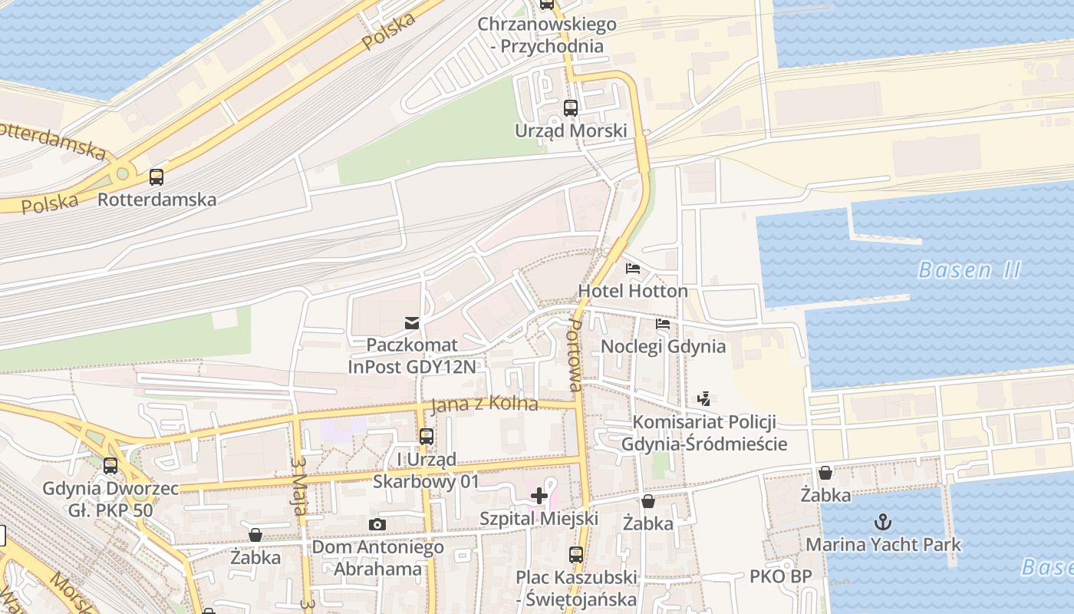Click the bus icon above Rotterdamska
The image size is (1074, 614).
pos(156,177)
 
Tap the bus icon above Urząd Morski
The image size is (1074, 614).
pos(571,108)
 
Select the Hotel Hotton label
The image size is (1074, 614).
pos(632,292)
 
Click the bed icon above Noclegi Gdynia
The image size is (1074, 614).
pos(663,324)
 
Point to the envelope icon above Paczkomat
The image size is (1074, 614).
pos(412,322)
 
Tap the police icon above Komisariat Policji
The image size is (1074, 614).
pos(703,399)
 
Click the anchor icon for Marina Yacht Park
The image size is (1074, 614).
pos(883,523)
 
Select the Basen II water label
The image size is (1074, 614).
pos(969,270)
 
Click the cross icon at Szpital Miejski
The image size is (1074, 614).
pos(539,496)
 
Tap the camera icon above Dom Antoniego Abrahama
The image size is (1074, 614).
pos(377,525)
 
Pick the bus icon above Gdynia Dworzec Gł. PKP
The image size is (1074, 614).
pos(110,466)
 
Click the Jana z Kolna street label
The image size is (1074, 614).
pos(484,404)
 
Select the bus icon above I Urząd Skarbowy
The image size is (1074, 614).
pos(427,437)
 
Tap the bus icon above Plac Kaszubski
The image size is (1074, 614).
pos(576,554)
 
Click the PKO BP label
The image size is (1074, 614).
pos(780,576)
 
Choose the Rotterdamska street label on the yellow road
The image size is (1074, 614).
pos(54,139)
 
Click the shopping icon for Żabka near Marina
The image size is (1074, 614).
pos(825,473)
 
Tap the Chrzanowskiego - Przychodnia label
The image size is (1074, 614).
pos(546,35)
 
